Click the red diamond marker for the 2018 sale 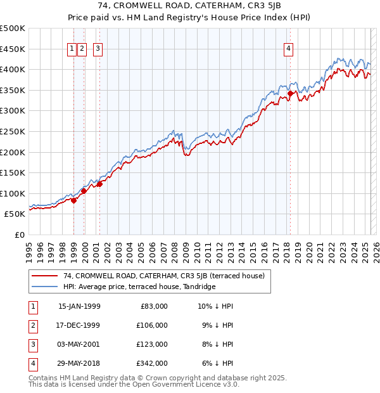pyautogui.click(x=290, y=94)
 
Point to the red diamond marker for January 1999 pyautogui.click(x=73, y=200)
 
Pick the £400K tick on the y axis pyautogui.click(x=13, y=69)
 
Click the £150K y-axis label pyautogui.click(x=13, y=172)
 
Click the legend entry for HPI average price pyautogui.click(x=139, y=287)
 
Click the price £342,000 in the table pyautogui.click(x=152, y=363)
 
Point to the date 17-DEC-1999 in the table pyautogui.click(x=79, y=325)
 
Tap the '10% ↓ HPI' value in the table pyautogui.click(x=216, y=306)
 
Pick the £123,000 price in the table pyautogui.click(x=152, y=344)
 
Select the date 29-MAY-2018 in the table pyautogui.click(x=79, y=363)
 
